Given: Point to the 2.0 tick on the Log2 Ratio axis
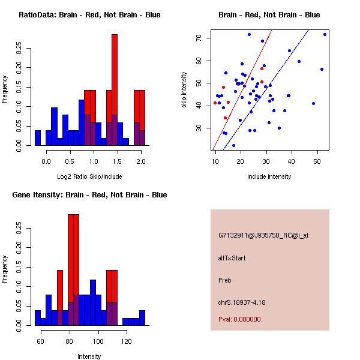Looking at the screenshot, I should coord(141,161).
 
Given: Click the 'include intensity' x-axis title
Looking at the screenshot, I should coord(269,176).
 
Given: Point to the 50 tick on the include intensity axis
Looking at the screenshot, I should coord(316,161).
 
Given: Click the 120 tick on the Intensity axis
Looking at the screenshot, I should coord(126,341).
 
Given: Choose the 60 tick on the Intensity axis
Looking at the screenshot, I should coord(41,341).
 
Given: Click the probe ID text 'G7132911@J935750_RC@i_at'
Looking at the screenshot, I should coord(263,236).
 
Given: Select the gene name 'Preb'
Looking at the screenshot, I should coord(225,280).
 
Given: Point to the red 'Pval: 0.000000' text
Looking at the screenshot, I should coord(242,320).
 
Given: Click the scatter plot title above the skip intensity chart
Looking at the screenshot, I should coord(269,15).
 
